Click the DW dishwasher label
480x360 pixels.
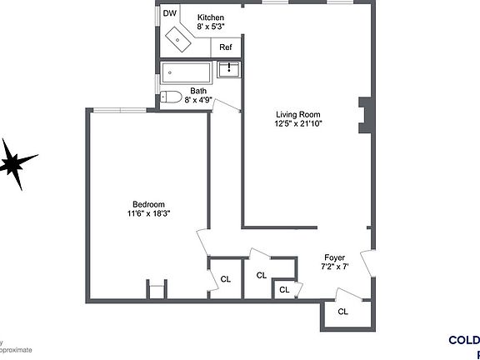click(x=169, y=13)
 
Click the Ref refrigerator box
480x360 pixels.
click(x=226, y=47)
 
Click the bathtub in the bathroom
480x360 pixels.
click(x=187, y=72)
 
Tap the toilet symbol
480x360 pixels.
click(x=171, y=96)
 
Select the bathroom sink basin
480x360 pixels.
click(x=229, y=71)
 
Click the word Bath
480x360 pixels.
click(x=197, y=91)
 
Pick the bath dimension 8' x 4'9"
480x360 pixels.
click(x=197, y=100)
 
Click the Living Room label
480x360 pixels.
click(x=299, y=114)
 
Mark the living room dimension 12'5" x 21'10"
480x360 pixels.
click(x=299, y=123)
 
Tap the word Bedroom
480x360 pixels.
click(x=148, y=204)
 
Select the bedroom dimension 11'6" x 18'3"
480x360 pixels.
click(x=148, y=214)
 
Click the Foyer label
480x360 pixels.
click(x=334, y=257)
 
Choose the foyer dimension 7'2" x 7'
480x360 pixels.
click(x=334, y=267)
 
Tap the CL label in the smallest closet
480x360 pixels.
click(x=284, y=289)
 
